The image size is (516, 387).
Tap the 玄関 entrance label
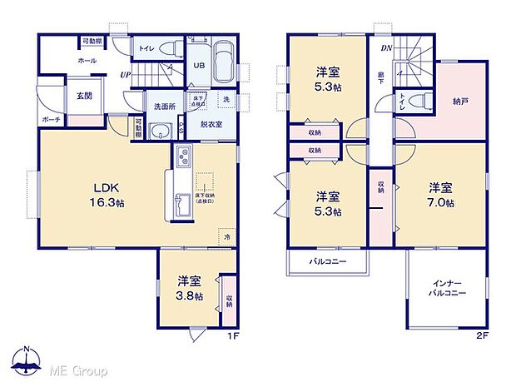72,94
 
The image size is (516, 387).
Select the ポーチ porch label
50,120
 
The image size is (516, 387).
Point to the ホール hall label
87,61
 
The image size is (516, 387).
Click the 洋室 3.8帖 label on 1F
188,290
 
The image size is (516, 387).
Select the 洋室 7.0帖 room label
441,194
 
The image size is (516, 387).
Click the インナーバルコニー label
448,288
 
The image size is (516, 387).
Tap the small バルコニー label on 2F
328,261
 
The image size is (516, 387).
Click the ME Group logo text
77,368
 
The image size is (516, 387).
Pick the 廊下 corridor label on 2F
380,78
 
